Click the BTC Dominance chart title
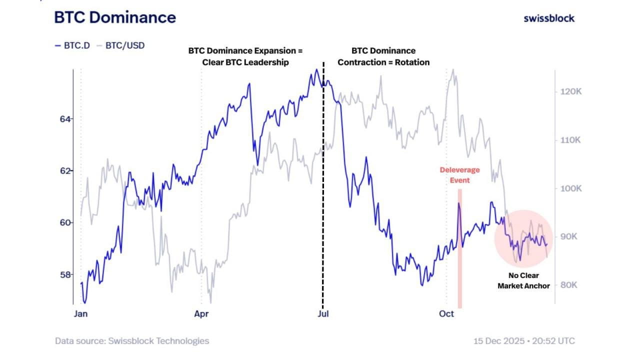(x=115, y=17)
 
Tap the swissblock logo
(x=549, y=18)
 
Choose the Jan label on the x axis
(x=80, y=314)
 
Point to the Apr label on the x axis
(x=201, y=314)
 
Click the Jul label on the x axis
(x=322, y=314)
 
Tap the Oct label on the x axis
(x=446, y=314)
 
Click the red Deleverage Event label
(x=460, y=175)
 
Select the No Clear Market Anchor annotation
(x=523, y=281)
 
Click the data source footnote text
(x=132, y=341)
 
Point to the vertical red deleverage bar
(x=460, y=250)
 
